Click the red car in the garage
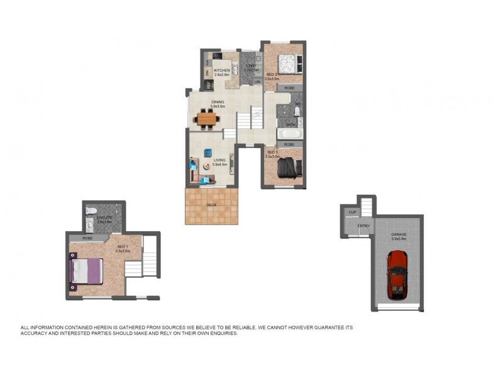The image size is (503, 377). (x=397, y=275)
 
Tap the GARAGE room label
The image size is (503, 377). (x=399, y=234)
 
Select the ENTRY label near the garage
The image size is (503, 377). (x=364, y=226)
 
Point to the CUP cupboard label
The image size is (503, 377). (x=352, y=212)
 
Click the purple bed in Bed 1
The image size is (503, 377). (x=86, y=271)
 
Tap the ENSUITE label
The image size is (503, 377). (x=104, y=217)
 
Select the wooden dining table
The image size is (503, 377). (x=207, y=117)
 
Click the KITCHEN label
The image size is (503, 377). (x=222, y=70)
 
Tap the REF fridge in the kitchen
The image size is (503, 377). (x=207, y=84)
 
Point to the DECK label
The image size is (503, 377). (x=212, y=205)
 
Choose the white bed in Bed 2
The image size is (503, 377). (x=287, y=63)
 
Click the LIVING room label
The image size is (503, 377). (x=219, y=160)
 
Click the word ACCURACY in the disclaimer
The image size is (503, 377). (x=38, y=334)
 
